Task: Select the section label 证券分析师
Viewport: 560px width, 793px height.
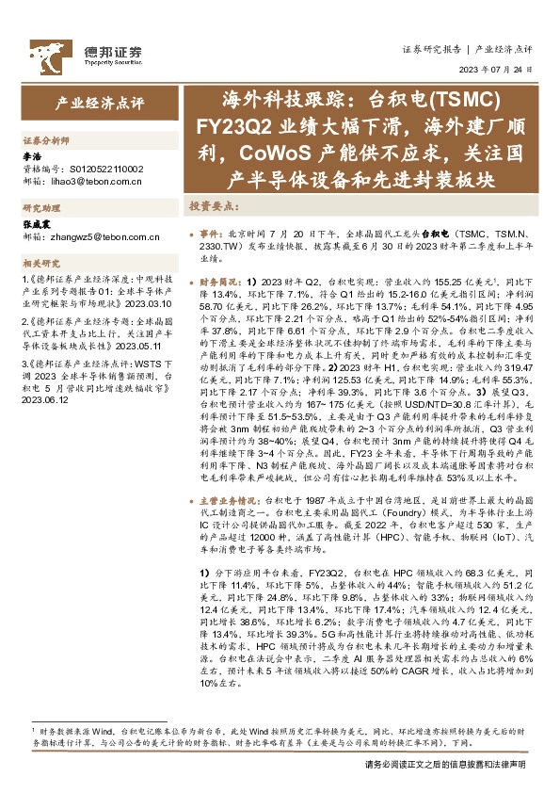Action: tap(46, 138)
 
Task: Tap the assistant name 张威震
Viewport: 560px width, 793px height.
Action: tap(37, 225)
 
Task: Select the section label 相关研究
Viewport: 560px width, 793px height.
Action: tap(40, 264)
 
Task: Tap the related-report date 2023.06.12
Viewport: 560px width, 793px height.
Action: tap(47, 398)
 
